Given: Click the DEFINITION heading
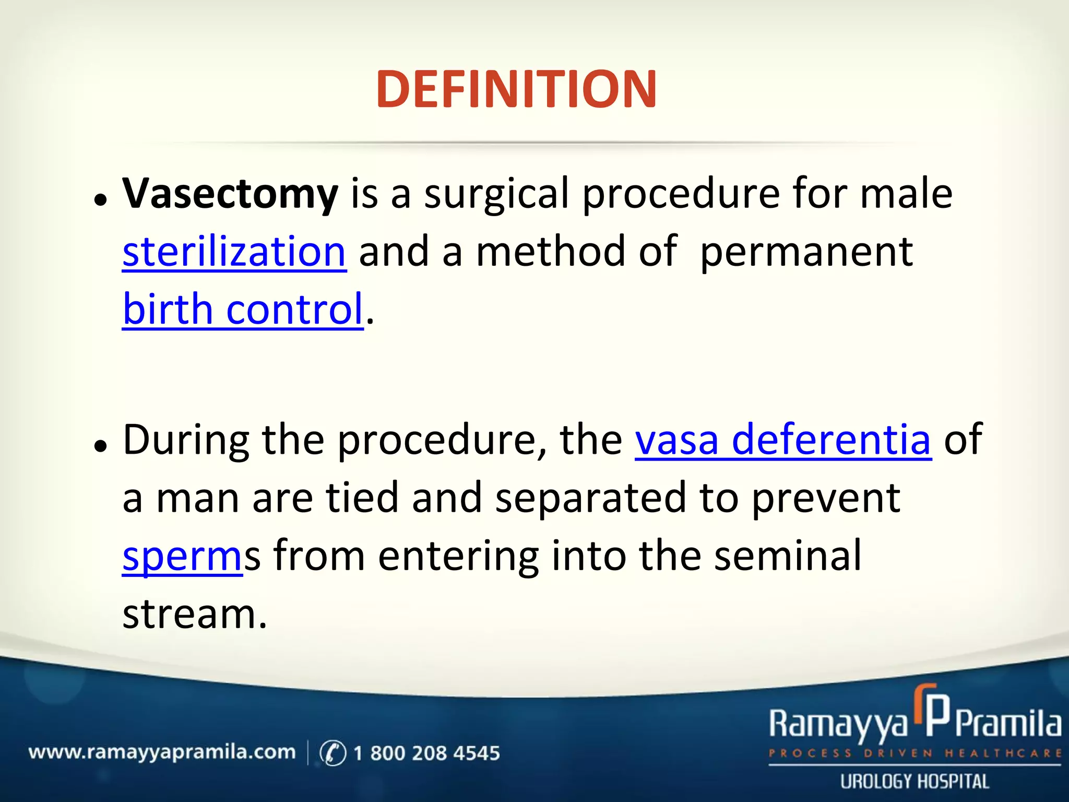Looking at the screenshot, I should click(516, 90).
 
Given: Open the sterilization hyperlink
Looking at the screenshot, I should click(234, 252).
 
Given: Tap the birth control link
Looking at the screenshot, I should click(243, 309).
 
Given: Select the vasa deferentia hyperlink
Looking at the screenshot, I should click(783, 440).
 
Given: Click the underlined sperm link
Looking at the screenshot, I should click(182, 557).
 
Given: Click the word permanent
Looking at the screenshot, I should click(806, 253).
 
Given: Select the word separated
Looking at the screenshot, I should click(590, 498).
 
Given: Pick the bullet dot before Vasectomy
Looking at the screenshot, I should click(101, 199).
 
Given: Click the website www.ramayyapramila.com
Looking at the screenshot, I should click(162, 752).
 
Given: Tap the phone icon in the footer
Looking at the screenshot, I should click(332, 753).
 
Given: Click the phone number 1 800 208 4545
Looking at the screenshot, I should click(426, 753).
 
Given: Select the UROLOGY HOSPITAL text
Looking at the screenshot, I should click(914, 782).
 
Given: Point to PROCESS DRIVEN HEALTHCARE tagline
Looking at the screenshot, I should click(914, 753).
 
